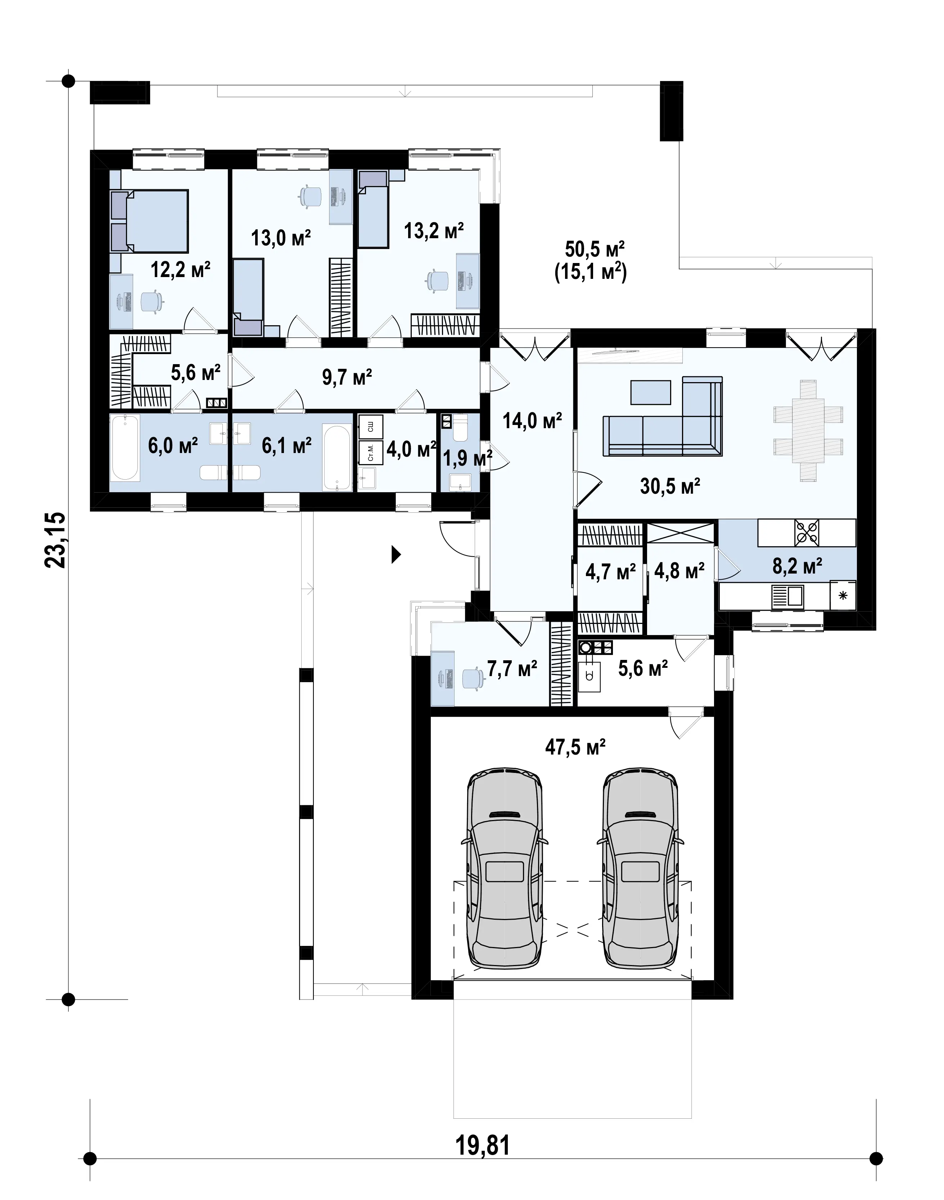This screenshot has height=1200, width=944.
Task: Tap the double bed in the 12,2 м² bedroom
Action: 149,221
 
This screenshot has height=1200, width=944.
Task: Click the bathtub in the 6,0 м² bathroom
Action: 125,448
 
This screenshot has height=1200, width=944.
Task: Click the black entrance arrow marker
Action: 396,554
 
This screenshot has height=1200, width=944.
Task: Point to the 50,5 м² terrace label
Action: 595,249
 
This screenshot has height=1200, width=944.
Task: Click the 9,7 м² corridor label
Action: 347,377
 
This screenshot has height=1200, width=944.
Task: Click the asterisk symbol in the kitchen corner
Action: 843,596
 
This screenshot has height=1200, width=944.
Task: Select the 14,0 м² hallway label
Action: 532,422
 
